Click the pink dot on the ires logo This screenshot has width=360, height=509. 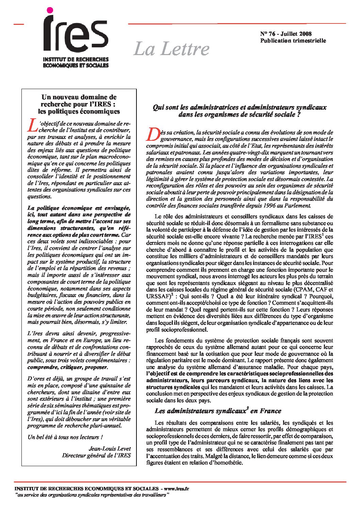(50, 11)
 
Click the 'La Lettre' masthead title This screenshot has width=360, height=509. (171, 49)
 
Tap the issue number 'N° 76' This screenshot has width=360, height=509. (267, 34)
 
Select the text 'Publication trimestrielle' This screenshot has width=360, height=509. (293, 41)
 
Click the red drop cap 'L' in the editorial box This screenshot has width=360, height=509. (32, 125)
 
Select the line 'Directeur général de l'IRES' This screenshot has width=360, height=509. (96, 456)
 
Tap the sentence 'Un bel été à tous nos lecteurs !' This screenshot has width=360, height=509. (65, 437)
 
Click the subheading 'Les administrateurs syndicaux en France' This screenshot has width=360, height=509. (218, 411)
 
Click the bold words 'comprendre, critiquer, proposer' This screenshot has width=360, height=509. (67, 368)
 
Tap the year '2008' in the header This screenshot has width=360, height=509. (306, 34)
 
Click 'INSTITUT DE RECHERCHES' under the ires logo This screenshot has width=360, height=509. (76, 60)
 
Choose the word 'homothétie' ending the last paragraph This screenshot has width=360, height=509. (228, 463)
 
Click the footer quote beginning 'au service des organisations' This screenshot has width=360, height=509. (92, 495)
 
